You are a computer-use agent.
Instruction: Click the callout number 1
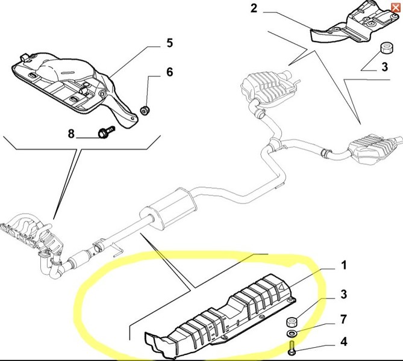(344, 265)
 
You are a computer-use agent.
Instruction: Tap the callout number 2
(254, 8)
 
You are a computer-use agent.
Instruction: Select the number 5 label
(170, 43)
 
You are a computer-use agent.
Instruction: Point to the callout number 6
(170, 72)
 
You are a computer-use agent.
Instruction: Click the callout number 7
(344, 319)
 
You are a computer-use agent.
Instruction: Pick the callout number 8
(71, 134)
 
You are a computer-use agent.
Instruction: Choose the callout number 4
(344, 342)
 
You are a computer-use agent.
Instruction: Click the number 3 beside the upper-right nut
(384, 67)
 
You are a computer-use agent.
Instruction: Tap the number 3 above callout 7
(344, 294)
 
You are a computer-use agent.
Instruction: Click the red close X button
(395, 8)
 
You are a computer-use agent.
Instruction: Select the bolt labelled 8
(106, 132)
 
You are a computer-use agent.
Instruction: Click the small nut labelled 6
(145, 110)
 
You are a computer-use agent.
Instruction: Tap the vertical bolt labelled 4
(293, 348)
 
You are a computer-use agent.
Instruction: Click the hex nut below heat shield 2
(386, 48)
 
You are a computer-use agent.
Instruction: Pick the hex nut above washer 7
(292, 322)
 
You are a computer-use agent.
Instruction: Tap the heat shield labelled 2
(355, 23)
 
